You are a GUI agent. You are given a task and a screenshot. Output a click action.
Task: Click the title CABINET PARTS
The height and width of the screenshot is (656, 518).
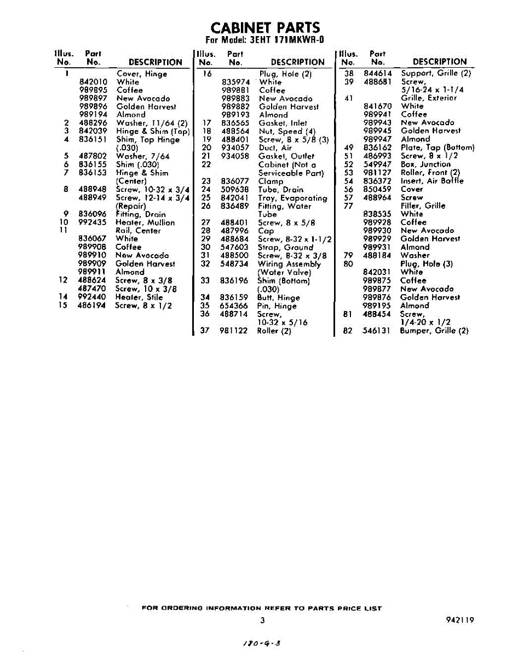click(x=265, y=28)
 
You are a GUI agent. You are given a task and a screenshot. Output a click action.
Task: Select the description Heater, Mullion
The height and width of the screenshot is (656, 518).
click(x=145, y=222)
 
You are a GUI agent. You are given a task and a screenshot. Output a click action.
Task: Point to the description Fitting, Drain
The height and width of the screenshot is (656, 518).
click(x=141, y=214)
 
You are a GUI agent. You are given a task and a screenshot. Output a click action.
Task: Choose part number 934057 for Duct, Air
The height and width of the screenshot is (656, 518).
click(x=235, y=148)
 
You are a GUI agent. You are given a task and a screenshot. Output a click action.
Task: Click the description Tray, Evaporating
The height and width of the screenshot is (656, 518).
click(x=292, y=198)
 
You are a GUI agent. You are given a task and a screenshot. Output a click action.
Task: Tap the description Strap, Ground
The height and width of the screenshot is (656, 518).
click(x=285, y=247)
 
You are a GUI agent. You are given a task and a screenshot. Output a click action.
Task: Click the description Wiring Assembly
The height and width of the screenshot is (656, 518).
click(x=289, y=263)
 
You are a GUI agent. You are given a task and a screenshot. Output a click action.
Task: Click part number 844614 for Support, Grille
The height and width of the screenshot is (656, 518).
click(x=377, y=73)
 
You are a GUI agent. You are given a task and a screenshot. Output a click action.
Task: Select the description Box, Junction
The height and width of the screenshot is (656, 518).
click(x=425, y=164)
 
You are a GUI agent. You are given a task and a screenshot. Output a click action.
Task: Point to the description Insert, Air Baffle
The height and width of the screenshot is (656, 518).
click(x=432, y=181)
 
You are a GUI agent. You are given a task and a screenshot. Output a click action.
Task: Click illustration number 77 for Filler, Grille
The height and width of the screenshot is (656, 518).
click(x=348, y=206)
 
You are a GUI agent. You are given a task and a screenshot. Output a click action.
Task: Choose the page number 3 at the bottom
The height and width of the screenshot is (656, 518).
click(x=263, y=620)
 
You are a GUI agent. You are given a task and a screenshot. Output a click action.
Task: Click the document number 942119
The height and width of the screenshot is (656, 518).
click(x=460, y=620)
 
